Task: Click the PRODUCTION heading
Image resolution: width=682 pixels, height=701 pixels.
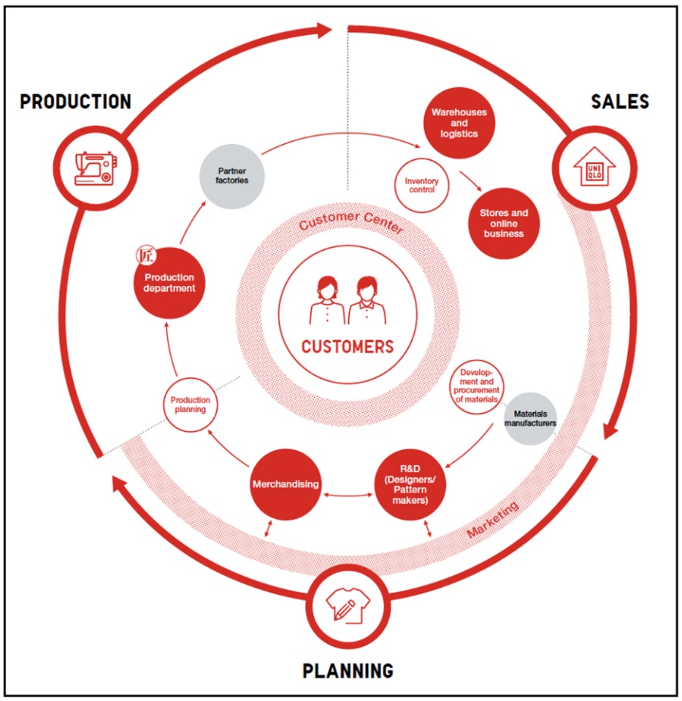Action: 76,102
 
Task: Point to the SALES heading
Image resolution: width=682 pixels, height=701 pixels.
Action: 620,102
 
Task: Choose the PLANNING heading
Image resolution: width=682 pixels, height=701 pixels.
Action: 348,670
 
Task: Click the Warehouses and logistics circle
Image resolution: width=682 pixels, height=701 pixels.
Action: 459,123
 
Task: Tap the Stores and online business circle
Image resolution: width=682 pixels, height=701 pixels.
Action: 503,223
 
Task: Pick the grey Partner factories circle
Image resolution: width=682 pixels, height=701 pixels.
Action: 231,175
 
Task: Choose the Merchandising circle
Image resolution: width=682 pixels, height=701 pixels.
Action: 286,484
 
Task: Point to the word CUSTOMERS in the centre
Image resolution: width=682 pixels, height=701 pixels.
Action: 348,346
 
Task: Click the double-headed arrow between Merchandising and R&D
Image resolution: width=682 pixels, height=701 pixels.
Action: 348,496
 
